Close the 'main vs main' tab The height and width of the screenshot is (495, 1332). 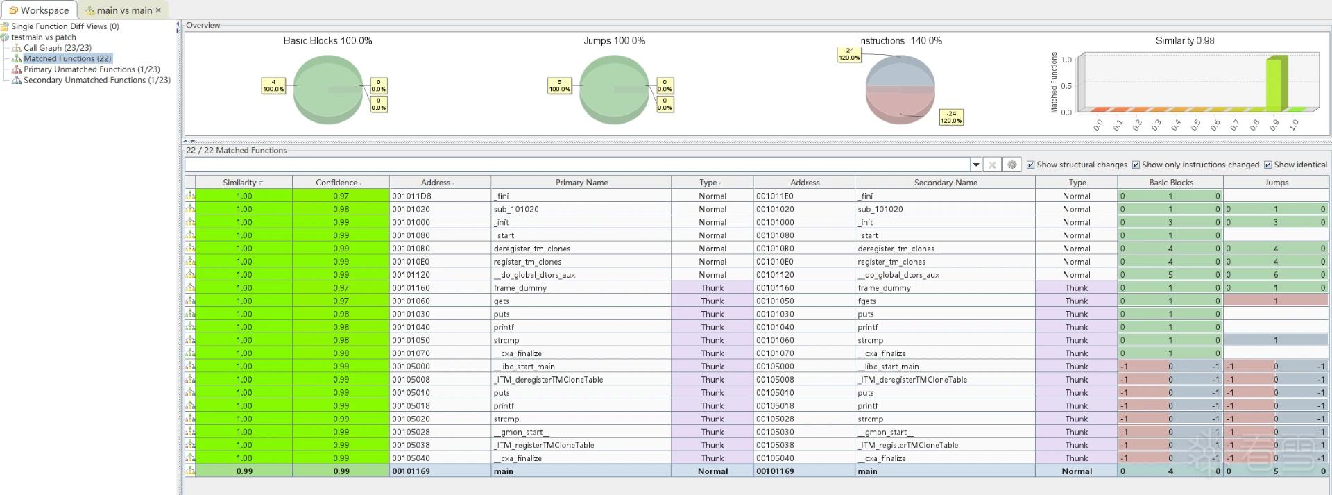[158, 10]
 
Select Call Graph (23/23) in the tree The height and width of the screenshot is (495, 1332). [58, 48]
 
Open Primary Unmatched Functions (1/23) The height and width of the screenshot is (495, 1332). [92, 69]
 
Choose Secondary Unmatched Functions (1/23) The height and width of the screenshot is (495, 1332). [97, 80]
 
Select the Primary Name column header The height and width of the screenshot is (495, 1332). [581, 183]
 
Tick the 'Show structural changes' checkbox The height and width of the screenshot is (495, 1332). [1031, 165]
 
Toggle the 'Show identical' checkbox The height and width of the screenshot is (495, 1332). [1268, 165]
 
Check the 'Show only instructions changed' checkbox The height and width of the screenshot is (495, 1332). [1136, 165]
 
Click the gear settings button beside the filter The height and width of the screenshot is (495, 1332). [1012, 165]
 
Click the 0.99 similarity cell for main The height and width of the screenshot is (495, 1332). [244, 471]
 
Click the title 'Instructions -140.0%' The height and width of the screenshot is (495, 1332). [900, 41]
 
